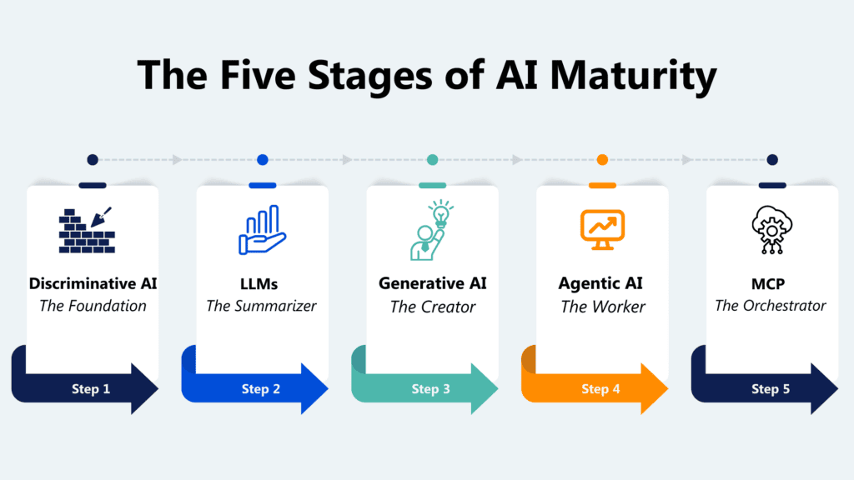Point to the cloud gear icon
pos(771,230)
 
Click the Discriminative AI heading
pos(93,283)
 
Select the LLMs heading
pos(262,283)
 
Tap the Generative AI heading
pos(432,283)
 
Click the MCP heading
pos(771,283)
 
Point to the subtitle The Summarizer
pos(262,306)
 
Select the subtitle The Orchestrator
pos(771,306)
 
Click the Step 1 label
pos(92,388)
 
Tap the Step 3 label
pos(431,388)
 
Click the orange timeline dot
pos(602,160)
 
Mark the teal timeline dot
pos(432,160)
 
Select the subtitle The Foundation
pos(93,306)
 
